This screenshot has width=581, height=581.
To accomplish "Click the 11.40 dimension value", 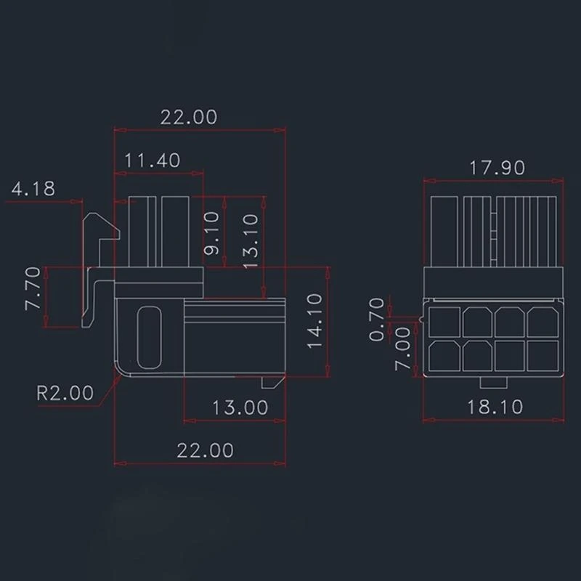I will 152,160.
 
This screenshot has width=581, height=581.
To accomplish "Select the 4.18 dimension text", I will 33,190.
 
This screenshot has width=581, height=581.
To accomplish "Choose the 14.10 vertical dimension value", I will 314,320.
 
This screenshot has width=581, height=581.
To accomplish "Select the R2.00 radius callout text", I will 65,394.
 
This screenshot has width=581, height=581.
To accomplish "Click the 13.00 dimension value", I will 240,407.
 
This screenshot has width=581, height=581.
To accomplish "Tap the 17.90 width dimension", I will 497,167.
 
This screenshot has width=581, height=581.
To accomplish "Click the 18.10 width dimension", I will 495,407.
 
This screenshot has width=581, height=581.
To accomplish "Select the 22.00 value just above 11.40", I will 188,117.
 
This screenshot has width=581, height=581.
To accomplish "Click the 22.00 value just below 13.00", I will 206,450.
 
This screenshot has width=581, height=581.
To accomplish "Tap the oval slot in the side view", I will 150,338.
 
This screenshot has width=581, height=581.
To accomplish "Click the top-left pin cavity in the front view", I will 444,320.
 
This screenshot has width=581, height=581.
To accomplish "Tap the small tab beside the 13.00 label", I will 269,381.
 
